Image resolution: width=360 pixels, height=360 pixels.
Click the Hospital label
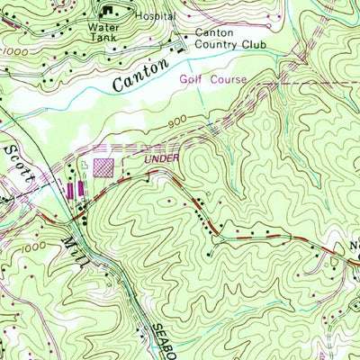(x=154, y=16)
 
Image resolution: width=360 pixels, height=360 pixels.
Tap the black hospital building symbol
(x=112, y=11)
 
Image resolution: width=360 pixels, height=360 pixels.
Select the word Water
(x=102, y=27)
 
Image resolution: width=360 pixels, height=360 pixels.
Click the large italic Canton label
(x=140, y=76)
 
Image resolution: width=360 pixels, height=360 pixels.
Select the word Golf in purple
(x=189, y=79)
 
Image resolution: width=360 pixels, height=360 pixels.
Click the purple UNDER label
(x=162, y=159)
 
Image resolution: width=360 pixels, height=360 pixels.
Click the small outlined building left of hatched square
(x=84, y=166)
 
